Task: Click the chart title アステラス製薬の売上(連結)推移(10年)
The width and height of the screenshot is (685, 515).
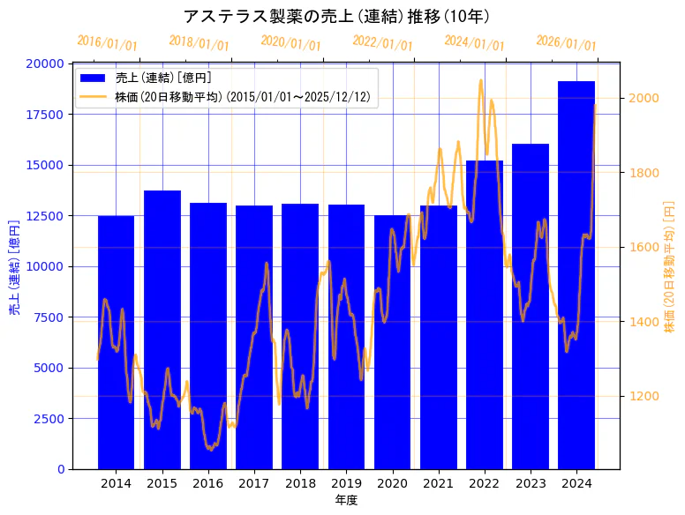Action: pyautogui.click(x=336, y=17)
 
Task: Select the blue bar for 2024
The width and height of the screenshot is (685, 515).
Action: pyautogui.click(x=576, y=274)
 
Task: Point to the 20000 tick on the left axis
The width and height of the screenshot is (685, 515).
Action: pyautogui.click(x=44, y=63)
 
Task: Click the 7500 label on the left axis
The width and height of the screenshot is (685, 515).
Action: pyautogui.click(x=48, y=317)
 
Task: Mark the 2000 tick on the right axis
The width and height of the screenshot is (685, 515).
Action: pyautogui.click(x=643, y=98)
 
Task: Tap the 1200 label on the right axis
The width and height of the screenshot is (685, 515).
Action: pyautogui.click(x=643, y=396)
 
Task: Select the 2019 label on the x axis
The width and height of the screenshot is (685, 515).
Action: pyautogui.click(x=346, y=483)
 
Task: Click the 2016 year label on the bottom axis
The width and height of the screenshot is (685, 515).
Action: pyautogui.click(x=208, y=483)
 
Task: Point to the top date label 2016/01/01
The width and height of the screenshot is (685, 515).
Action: pyautogui.click(x=107, y=43)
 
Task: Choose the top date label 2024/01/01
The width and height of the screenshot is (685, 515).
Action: pyautogui.click(x=474, y=43)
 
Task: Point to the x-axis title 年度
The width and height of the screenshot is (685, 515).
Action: pyautogui.click(x=346, y=501)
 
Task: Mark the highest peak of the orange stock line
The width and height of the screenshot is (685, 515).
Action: pyautogui.click(x=481, y=80)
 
